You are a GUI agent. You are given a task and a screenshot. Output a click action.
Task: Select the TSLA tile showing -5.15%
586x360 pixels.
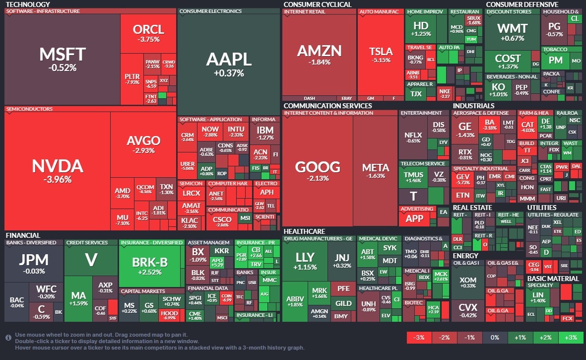pos(381,55)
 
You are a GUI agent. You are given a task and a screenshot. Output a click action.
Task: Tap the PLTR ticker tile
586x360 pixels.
pos(132,79)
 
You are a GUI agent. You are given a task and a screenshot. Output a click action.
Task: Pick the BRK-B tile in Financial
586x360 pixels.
pos(150,266)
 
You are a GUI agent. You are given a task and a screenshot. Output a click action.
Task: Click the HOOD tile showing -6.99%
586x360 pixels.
pos(169,315)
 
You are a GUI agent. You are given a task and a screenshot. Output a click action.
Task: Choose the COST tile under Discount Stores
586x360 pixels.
pos(508,62)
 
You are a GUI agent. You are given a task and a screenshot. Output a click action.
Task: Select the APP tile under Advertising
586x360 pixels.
pos(414,218)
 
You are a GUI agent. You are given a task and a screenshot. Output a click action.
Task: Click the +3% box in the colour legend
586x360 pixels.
pos(571,338)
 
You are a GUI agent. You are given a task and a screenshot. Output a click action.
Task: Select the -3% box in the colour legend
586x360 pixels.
pos(419,338)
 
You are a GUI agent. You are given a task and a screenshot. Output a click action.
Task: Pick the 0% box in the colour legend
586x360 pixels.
pos(495,338)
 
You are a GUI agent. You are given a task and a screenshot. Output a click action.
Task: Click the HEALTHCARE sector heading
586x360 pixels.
pos(304,231)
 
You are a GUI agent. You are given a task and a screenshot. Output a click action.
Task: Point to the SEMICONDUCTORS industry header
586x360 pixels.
pos(29,109)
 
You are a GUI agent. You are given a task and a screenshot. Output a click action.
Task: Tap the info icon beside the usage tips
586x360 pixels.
pos(8,338)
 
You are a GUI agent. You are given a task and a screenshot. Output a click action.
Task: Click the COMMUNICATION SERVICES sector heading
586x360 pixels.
pos(327,106)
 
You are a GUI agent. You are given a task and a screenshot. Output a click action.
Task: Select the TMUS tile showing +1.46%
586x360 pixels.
pos(414,177)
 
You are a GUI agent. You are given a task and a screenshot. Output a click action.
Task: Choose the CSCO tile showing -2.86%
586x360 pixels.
pos(222,221)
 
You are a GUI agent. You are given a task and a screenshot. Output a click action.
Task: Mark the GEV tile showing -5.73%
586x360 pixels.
pos(462,179)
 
